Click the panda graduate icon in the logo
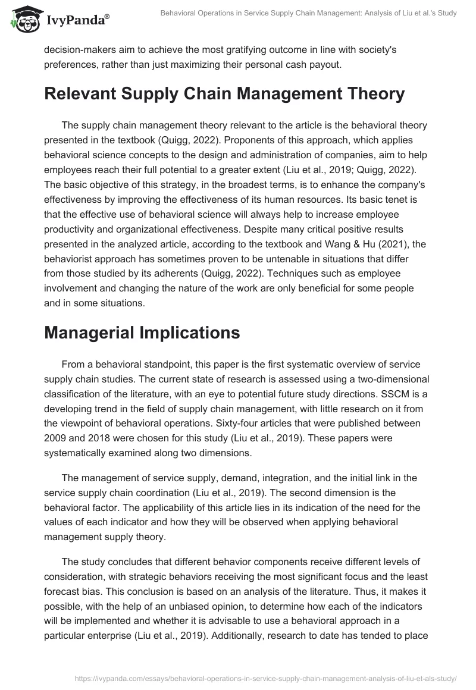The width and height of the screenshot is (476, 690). click(24, 20)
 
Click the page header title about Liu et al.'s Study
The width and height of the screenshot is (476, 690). click(308, 13)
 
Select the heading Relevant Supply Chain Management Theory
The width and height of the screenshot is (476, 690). click(224, 94)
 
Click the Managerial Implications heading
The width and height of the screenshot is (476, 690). click(142, 333)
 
